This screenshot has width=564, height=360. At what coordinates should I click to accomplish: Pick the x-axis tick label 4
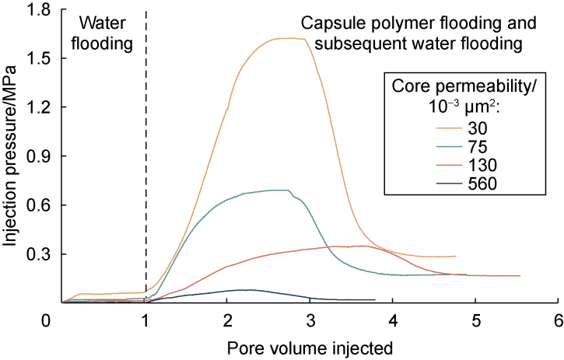[393, 320]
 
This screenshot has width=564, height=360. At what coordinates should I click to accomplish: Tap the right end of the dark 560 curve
[374, 299]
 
